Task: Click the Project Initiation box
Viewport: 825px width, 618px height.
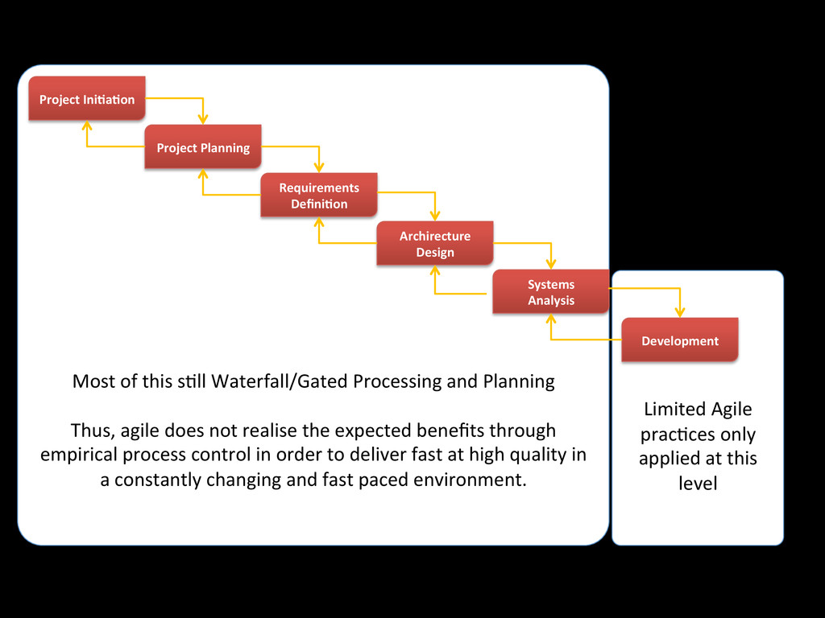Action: (87, 99)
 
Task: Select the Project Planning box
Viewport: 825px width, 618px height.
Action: (203, 147)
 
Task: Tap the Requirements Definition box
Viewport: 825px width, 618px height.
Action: (319, 196)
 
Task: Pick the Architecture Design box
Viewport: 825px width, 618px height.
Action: (435, 244)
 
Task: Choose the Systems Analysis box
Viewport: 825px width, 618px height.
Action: (551, 292)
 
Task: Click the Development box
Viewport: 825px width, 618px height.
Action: (680, 340)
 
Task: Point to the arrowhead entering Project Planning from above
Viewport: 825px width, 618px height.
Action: (203, 120)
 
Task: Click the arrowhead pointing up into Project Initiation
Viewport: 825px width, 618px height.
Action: (87, 126)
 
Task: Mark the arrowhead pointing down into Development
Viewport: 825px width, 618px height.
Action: (680, 312)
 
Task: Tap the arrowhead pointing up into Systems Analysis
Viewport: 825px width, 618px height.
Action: (551, 319)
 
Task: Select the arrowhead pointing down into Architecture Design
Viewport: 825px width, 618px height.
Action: (435, 216)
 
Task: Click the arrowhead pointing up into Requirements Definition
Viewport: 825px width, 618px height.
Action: (319, 222)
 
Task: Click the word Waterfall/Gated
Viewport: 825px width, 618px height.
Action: (259, 381)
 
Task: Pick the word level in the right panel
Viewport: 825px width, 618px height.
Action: (698, 484)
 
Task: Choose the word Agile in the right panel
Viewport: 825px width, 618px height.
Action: (732, 410)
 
